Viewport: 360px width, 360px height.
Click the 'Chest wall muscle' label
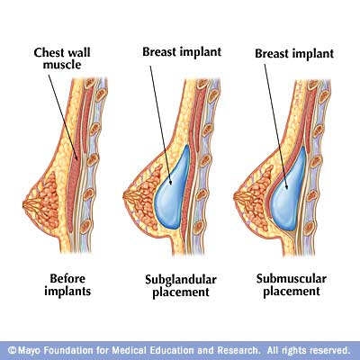(x=62, y=58)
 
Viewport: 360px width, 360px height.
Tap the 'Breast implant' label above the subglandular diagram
(x=182, y=51)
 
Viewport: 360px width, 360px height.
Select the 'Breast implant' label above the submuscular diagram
(x=294, y=53)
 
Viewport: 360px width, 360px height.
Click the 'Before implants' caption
(x=67, y=284)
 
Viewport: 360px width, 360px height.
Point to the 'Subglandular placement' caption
(x=181, y=286)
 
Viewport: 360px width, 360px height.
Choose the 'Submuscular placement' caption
(x=292, y=285)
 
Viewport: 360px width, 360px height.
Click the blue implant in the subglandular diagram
(x=172, y=188)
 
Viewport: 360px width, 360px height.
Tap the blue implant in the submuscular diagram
(x=287, y=189)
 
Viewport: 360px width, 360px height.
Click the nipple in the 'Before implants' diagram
(x=24, y=204)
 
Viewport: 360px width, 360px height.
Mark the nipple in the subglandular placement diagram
(x=125, y=197)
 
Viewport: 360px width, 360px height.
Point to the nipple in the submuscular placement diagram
(x=236, y=197)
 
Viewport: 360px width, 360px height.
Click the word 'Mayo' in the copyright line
(x=30, y=350)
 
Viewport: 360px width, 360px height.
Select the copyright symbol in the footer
(x=12, y=350)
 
